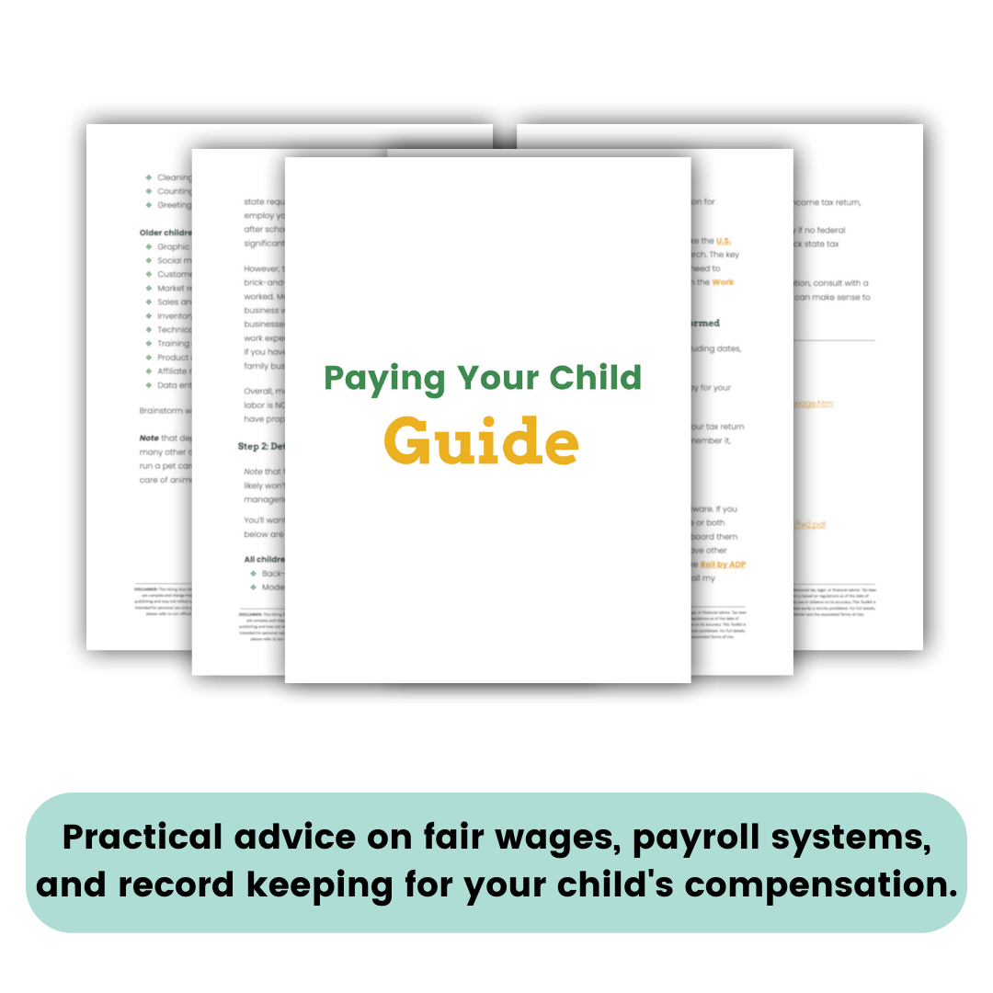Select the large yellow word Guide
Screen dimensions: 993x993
pos(481,441)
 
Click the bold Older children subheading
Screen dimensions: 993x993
pos(165,233)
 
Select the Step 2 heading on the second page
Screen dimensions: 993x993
pos(261,447)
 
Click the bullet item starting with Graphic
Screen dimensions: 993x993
pos(173,246)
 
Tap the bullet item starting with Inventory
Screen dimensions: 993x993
pos(174,315)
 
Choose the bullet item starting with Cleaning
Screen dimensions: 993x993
pos(175,177)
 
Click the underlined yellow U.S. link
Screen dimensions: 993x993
pos(724,241)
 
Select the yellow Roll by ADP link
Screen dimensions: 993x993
pos(723,565)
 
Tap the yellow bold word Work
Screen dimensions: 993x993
pos(723,282)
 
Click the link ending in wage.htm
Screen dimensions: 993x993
pos(813,403)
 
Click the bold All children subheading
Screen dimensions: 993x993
pos(264,559)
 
